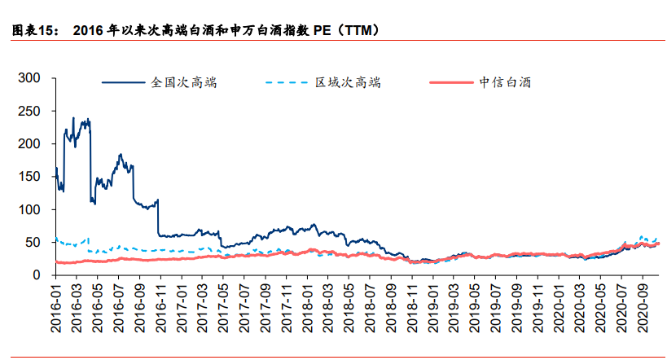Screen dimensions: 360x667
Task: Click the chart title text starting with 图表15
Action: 195,31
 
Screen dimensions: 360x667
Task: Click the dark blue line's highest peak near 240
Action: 73,118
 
